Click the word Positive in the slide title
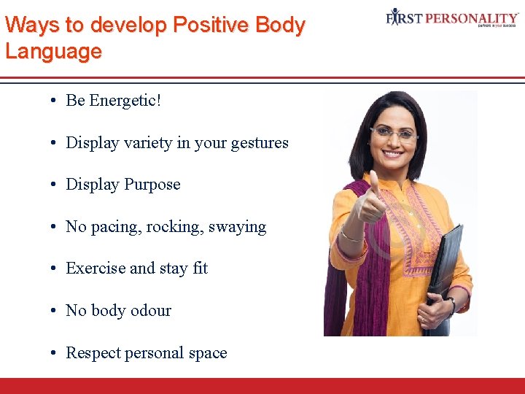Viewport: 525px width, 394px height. pos(205,25)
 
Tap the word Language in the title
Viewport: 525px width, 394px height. pos(53,52)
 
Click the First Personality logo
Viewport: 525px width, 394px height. pos(452,18)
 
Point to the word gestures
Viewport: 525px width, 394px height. pos(260,143)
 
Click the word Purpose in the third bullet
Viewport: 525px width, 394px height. pos(152,185)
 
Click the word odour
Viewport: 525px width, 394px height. pos(149,311)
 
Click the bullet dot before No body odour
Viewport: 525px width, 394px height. pos(55,311)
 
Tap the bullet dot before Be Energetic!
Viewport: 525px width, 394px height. pos(55,101)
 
